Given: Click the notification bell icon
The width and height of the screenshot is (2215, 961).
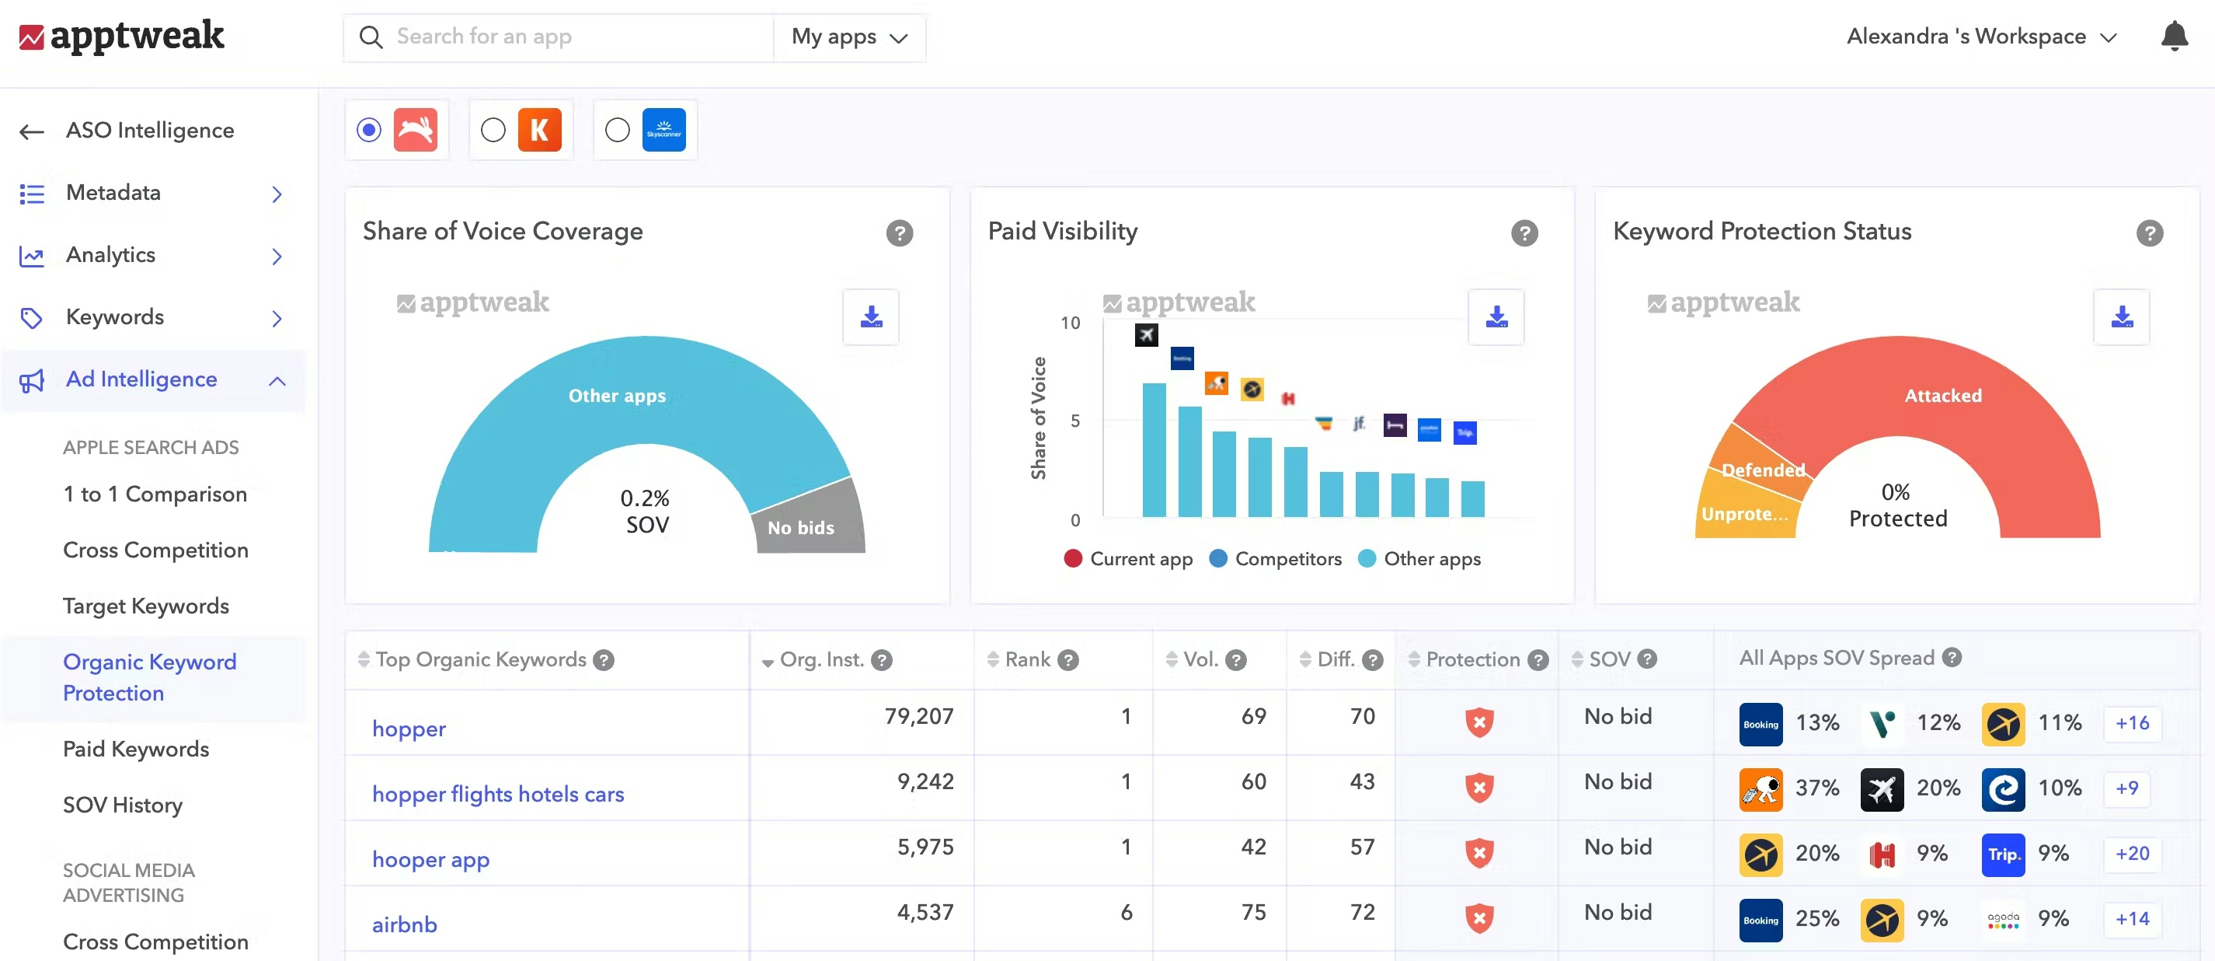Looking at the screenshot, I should (x=2174, y=36).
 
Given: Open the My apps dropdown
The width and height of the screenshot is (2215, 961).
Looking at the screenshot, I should (x=848, y=37).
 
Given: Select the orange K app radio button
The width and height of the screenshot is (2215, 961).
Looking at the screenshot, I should (x=493, y=130).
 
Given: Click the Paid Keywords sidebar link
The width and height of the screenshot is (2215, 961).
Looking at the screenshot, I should (x=136, y=749).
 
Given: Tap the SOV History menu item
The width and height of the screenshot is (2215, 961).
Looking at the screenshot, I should (x=122, y=805).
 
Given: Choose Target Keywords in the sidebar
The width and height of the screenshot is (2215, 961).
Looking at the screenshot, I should (x=145, y=606).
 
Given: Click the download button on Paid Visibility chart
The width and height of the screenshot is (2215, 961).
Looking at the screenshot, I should (x=1496, y=317).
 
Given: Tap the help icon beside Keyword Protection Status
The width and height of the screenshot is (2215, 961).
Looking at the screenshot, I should (x=2149, y=233).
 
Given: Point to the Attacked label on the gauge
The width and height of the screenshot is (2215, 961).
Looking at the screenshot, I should (x=1942, y=396).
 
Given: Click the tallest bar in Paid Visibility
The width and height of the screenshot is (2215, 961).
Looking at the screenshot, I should (x=1154, y=449).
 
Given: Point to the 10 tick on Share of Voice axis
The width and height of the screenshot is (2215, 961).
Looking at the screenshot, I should (x=1070, y=323).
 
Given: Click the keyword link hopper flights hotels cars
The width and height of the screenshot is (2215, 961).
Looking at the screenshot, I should (x=498, y=794).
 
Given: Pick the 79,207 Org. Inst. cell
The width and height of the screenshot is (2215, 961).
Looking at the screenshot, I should (x=918, y=716).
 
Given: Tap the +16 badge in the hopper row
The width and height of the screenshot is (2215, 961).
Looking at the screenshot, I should (x=2132, y=722).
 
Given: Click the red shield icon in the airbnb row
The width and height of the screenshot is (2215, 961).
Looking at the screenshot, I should (x=1479, y=918).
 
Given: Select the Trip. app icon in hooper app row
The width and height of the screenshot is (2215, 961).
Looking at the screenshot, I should (x=2003, y=854).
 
